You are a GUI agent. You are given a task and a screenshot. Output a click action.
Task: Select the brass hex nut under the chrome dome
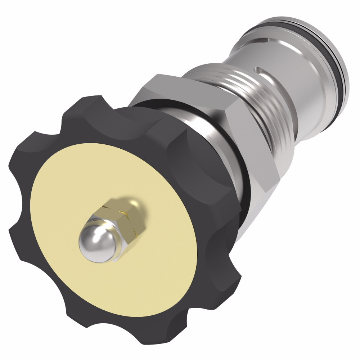(124, 216)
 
